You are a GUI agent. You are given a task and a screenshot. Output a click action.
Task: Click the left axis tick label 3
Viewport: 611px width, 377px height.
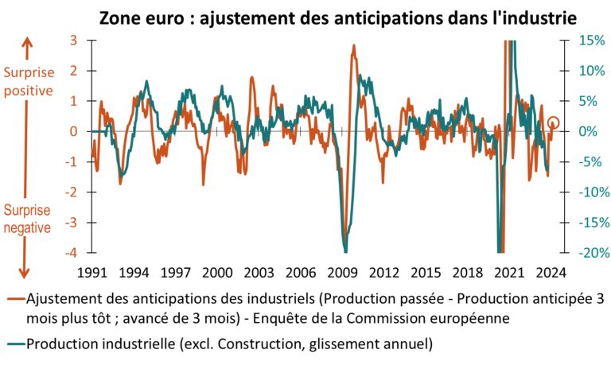tap(72, 40)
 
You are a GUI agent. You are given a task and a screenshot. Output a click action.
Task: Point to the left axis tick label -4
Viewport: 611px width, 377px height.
tap(71, 254)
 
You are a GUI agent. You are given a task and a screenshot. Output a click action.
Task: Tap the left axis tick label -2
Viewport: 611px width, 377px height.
tap(71, 192)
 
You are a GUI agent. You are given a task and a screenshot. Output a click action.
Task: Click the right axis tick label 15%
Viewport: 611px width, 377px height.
tap(591, 40)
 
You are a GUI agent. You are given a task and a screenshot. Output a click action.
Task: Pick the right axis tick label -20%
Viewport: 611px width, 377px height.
tap(590, 254)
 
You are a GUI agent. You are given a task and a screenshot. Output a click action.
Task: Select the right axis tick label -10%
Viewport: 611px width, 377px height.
tap(590, 192)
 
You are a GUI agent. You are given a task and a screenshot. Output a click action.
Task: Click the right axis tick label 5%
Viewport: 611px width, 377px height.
tap(593, 101)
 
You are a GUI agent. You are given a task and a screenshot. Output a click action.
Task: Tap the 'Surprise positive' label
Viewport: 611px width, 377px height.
tap(28, 82)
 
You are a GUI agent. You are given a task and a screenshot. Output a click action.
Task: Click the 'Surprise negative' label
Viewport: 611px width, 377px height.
tap(28, 220)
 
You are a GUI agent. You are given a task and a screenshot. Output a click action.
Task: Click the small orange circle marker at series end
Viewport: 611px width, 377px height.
tap(555, 122)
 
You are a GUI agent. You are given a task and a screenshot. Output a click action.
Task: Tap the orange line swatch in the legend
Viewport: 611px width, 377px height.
tap(15, 300)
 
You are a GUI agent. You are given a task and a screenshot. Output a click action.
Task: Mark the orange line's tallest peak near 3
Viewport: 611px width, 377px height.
tap(354, 47)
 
